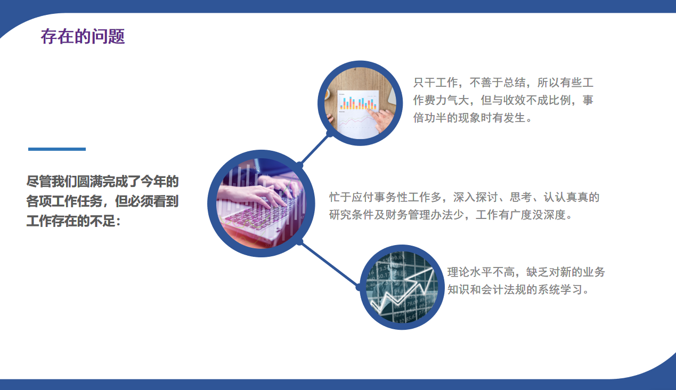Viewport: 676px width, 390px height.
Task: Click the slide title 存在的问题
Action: click(83, 37)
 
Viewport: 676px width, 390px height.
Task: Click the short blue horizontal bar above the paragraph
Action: click(56, 149)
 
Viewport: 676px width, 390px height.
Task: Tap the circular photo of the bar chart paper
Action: click(360, 103)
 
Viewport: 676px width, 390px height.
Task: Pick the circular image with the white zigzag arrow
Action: click(403, 288)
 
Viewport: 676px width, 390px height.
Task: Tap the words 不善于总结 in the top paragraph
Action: click(496, 83)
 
